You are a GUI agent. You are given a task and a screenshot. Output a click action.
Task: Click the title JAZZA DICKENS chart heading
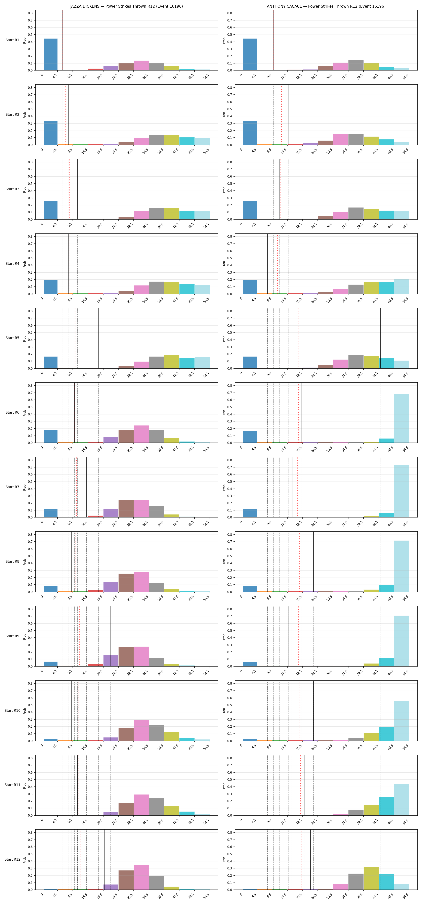(126, 6)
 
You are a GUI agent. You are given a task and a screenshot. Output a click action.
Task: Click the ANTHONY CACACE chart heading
(326, 6)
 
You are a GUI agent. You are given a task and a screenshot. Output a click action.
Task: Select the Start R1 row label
(12, 40)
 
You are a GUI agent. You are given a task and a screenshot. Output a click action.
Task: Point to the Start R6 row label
(12, 412)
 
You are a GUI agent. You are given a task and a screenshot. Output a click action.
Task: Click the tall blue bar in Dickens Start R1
(51, 54)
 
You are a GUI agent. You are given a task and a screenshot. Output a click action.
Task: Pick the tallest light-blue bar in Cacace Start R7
(401, 491)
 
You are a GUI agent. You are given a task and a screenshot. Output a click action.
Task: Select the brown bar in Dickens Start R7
(126, 508)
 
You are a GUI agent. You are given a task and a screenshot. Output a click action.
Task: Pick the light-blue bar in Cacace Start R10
(401, 721)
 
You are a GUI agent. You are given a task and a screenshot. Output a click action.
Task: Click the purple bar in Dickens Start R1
(111, 68)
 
